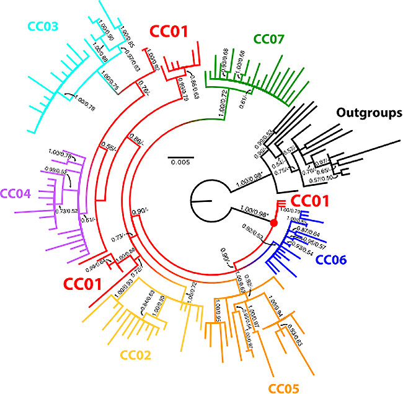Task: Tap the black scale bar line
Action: [x=180, y=154]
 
